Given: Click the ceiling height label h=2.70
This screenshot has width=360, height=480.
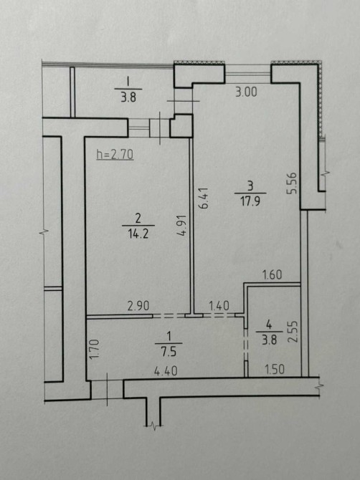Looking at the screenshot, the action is click(115, 155).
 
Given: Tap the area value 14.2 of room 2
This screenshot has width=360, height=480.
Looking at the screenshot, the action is click(138, 234).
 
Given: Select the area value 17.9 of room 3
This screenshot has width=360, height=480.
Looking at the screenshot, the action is click(250, 202).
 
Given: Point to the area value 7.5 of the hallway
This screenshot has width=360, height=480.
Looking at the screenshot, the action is click(169, 352).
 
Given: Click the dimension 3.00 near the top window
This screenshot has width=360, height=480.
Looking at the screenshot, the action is click(246, 92).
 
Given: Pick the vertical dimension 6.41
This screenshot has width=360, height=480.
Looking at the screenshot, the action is click(204, 198).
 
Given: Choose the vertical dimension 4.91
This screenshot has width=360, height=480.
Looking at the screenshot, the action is click(181, 225).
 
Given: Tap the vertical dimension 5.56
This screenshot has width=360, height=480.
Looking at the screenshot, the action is click(292, 183).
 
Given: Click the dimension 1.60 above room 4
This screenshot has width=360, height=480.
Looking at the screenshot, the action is click(273, 274).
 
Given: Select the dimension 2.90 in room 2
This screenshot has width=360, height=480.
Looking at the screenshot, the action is click(138, 306).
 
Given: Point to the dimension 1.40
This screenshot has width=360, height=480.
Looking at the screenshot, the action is click(219, 305).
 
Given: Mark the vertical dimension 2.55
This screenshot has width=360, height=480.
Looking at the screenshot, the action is click(293, 332).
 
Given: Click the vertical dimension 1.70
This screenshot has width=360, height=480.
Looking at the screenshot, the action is click(95, 349).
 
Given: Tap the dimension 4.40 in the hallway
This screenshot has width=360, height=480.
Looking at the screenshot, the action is click(166, 371).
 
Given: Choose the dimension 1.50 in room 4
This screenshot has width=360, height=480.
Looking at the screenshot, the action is click(274, 370).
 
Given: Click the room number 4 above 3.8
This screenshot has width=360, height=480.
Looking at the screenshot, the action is click(269, 325).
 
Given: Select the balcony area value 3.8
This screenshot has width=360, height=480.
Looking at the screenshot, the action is click(128, 98).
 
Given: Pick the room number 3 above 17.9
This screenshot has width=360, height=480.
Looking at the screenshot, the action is click(250, 186).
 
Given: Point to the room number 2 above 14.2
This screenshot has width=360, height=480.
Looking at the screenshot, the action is click(138, 219).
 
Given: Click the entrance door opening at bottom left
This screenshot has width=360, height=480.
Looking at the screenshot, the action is click(108, 389).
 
